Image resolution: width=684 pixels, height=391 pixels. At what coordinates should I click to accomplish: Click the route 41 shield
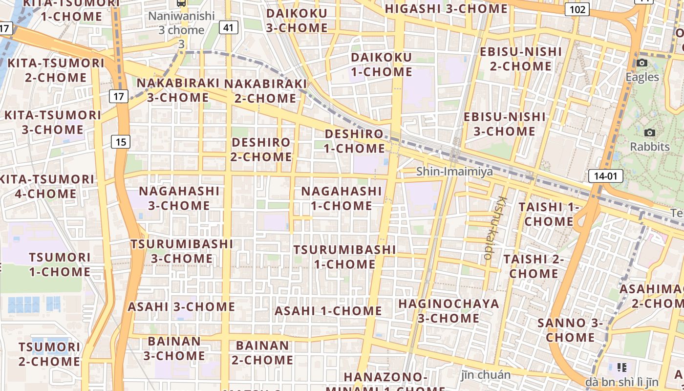228,27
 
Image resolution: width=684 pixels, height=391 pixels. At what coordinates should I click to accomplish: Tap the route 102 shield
577,9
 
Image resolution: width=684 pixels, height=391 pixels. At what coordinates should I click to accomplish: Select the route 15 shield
121,142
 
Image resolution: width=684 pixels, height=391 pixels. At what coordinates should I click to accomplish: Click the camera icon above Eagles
642,63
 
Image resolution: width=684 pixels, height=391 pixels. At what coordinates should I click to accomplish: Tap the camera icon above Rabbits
649,132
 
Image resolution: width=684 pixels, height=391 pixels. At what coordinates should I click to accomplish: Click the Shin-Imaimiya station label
454,172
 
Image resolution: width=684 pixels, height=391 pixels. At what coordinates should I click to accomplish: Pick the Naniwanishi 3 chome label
181,23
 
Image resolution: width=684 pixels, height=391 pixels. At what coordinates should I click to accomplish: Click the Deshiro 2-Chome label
261,150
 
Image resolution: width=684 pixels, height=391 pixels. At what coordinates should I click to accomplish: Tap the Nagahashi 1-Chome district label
341,198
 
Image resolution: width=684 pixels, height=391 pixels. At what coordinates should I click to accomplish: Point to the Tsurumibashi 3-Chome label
182,251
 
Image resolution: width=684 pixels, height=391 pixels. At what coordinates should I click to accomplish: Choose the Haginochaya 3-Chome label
449,311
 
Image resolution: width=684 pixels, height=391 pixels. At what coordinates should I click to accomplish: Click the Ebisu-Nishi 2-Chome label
520,59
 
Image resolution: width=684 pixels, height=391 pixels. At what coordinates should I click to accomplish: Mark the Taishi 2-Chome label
534,266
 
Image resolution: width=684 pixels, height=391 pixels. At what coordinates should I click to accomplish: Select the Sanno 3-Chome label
570,330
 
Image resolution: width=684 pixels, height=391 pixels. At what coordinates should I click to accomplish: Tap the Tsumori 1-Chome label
60,264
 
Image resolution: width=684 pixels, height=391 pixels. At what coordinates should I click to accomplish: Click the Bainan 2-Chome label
262,352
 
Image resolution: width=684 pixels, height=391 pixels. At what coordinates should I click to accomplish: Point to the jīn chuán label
486,375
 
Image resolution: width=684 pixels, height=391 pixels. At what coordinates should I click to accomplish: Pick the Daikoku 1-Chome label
382,64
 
